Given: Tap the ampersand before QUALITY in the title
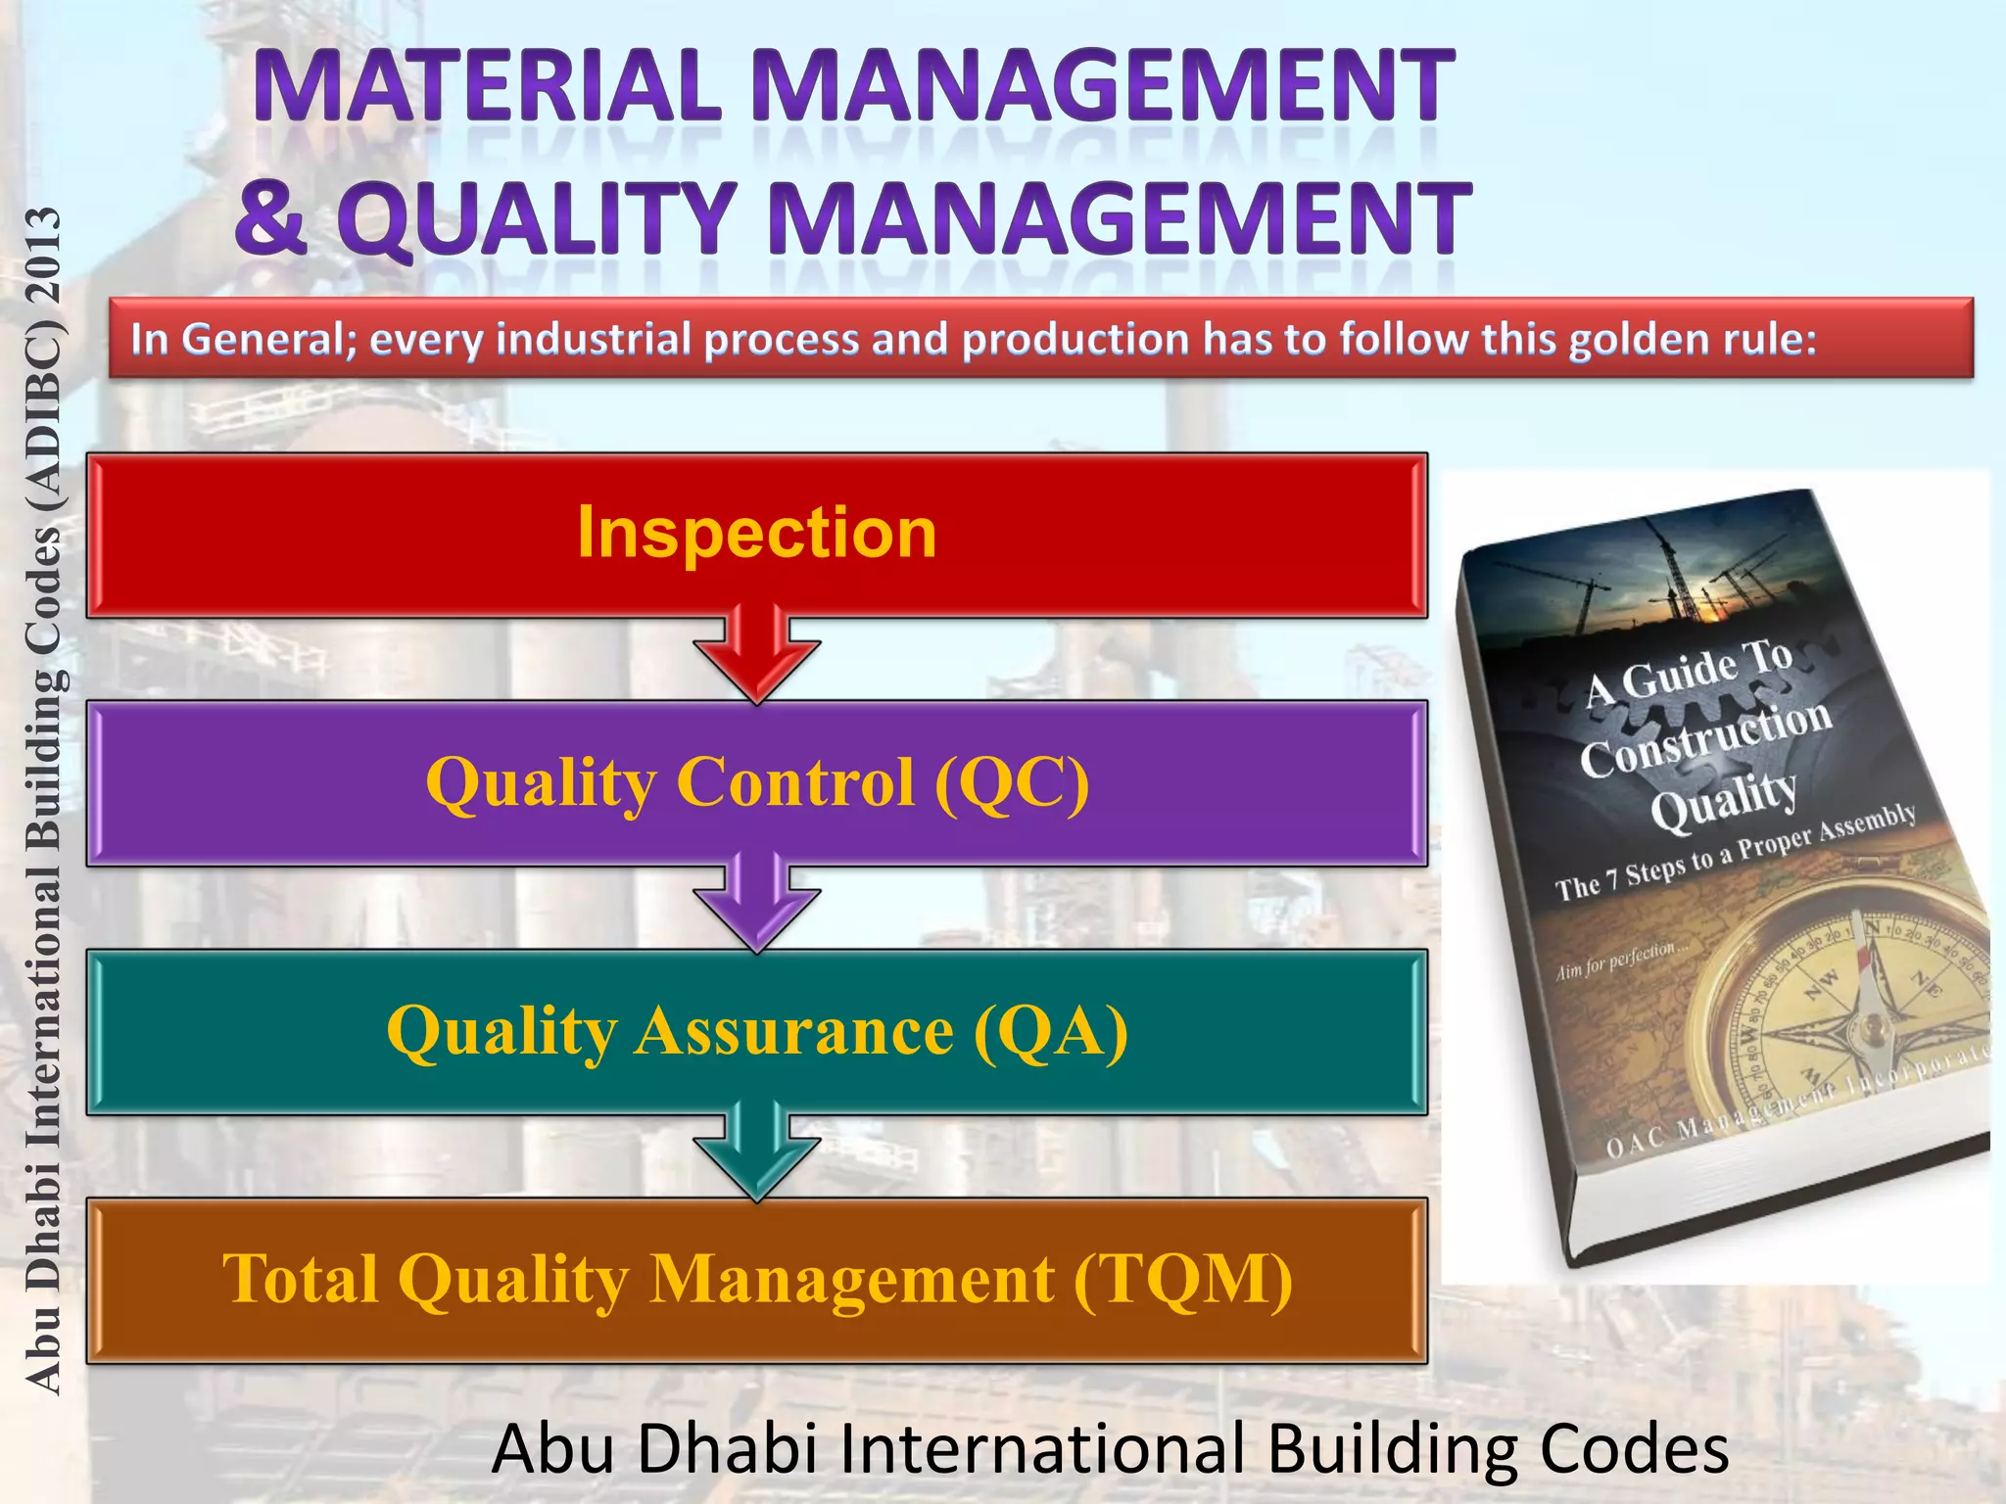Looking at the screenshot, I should [x=270, y=217].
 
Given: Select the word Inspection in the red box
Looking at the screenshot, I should [x=756, y=533].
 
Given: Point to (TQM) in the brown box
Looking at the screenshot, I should [x=1183, y=1280].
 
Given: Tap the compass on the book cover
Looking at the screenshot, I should [x=1861, y=1018].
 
